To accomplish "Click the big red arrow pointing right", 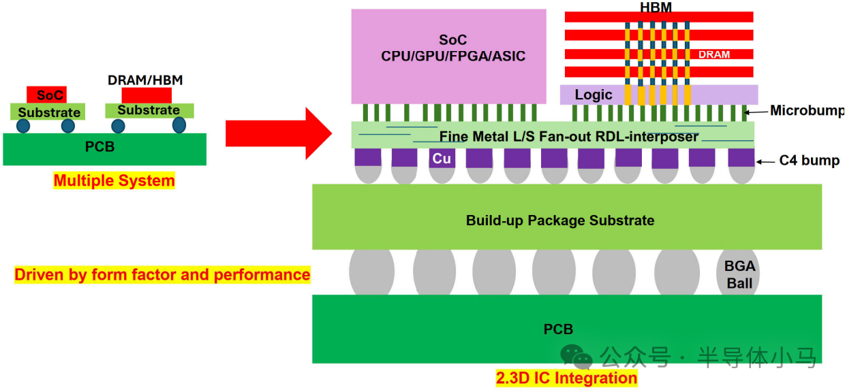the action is pyautogui.click(x=279, y=133).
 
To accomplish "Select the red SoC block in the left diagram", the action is pyautogui.click(x=47, y=95).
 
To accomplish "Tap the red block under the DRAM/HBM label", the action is pyautogui.click(x=147, y=96).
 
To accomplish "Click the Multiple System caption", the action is pyautogui.click(x=114, y=181).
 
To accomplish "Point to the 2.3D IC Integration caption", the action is pyautogui.click(x=566, y=378).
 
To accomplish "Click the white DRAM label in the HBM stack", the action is pyautogui.click(x=714, y=54).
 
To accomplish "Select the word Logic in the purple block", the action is pyautogui.click(x=594, y=95).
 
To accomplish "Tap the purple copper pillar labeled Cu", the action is pyautogui.click(x=442, y=158).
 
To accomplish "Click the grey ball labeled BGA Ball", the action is pyautogui.click(x=738, y=272).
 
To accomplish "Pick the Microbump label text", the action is pyautogui.click(x=807, y=110).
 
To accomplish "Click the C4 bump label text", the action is pyautogui.click(x=809, y=161).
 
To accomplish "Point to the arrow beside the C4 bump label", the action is pyautogui.click(x=765, y=162).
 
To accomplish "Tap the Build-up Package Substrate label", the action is pyautogui.click(x=560, y=220).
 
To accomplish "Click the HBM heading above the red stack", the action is pyautogui.click(x=656, y=7).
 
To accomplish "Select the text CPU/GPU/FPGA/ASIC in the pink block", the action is pyautogui.click(x=453, y=56).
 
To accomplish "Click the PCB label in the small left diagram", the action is pyautogui.click(x=99, y=146).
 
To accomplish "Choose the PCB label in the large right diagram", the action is pyautogui.click(x=558, y=329).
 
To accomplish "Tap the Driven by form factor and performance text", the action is pyautogui.click(x=162, y=274).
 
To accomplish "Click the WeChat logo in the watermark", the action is pyautogui.click(x=576, y=357).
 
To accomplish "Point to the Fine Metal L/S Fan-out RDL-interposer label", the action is pyautogui.click(x=569, y=136).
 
